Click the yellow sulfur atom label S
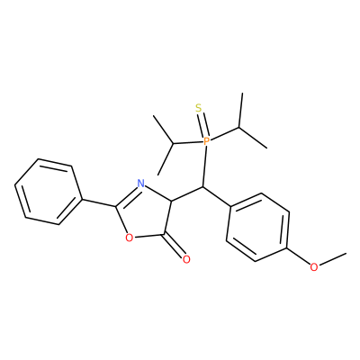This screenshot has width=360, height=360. click(198, 107)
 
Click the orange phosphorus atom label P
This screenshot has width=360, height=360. click(206, 141)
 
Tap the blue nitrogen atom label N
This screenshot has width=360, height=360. click(140, 183)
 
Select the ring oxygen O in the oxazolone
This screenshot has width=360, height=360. click(129, 238)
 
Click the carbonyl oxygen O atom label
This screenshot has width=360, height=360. click(186, 259)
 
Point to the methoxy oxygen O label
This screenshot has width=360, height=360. click(314, 266)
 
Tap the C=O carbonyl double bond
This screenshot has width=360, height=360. click(174, 246)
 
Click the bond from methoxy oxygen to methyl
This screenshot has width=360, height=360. click(332, 259)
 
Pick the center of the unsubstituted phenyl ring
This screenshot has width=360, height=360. click(49, 192)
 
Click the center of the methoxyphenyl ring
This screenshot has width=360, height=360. click(257, 228)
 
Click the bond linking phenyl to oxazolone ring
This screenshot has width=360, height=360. click(99, 202)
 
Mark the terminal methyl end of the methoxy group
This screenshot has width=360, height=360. click(346, 253)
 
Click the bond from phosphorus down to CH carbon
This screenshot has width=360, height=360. click(204, 166)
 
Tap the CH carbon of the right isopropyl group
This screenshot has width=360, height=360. click(239, 128)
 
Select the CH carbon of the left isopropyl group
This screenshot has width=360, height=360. click(173, 144)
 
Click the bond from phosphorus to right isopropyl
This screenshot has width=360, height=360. click(224, 134)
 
